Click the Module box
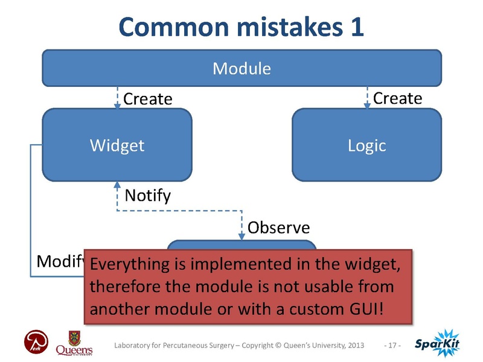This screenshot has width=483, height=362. [241, 68]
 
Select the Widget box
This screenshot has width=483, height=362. [117, 145]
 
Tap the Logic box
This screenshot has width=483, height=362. [367, 145]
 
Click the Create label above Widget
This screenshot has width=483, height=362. [148, 99]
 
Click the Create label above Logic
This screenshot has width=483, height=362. [397, 98]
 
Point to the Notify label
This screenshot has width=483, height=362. [147, 196]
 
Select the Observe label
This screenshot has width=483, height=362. [279, 227]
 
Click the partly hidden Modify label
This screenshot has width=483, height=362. [59, 261]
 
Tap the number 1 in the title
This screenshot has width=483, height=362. [356, 28]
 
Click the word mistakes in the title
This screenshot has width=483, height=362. [278, 28]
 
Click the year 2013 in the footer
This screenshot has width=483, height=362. [354, 345]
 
